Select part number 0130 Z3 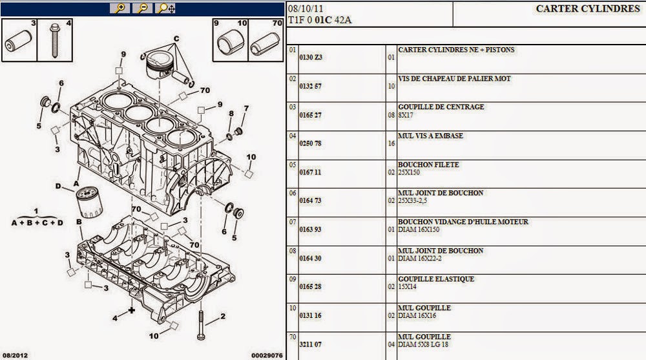[311, 57]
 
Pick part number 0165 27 [311, 114]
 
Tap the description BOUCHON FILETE [428, 165]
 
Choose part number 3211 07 [311, 344]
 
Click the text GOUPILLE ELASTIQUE [436, 279]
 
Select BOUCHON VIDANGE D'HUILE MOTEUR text [463, 222]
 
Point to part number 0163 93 [311, 229]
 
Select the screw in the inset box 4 [56, 43]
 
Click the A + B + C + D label [37, 223]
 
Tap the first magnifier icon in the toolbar [120, 8]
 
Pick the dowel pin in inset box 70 [266, 44]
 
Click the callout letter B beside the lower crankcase [79, 222]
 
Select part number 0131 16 [311, 315]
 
